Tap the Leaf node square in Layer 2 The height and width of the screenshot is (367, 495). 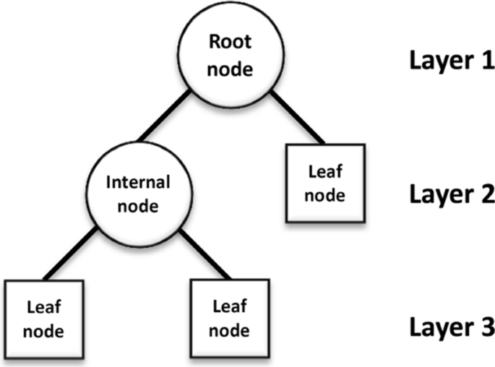(x=326, y=183)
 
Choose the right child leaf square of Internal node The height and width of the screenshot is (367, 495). (x=229, y=317)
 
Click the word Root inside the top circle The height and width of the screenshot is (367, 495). (x=229, y=43)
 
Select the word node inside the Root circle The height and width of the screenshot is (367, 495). (x=229, y=69)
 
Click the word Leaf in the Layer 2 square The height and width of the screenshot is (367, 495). (x=326, y=172)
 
